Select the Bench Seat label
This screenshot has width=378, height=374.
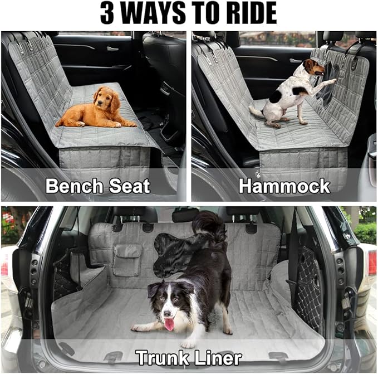tap(97, 186)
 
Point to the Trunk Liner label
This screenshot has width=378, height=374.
tap(189, 357)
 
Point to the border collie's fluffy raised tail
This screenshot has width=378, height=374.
tap(209, 229)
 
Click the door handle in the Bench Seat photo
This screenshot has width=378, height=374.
tap(112, 48)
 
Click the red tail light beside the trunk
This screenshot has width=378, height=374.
tap(371, 262)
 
